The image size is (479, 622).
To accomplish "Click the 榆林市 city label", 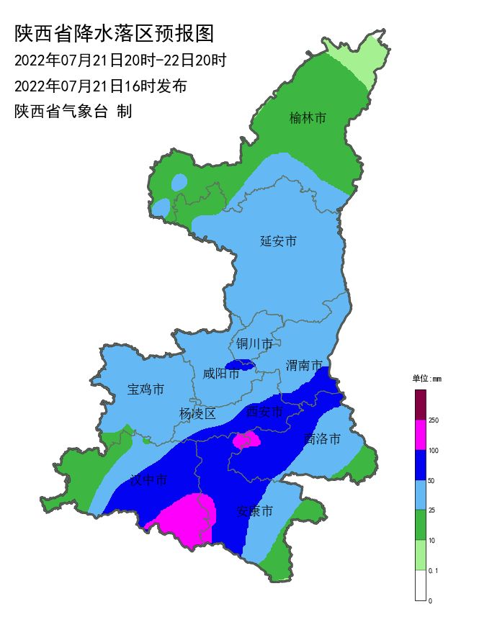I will [308, 117].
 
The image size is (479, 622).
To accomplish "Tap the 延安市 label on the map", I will [278, 241].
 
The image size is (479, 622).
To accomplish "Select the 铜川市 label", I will [254, 344].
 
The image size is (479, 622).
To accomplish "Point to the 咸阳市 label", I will [220, 374].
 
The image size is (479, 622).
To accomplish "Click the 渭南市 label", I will [303, 366].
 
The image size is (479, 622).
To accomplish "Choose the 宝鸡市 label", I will [146, 389].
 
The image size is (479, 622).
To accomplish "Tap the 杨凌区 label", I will [197, 413].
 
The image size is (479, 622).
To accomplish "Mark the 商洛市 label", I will [322, 438].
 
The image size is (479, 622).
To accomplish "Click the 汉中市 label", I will [148, 480].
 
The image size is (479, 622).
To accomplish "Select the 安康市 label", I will [255, 511].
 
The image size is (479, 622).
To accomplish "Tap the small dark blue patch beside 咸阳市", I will [240, 365].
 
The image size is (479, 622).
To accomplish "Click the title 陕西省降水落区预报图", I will [115, 33].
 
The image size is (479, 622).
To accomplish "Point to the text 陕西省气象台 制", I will [73, 112].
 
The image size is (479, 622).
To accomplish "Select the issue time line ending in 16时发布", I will [101, 86].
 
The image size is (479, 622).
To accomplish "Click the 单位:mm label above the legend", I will [426, 378].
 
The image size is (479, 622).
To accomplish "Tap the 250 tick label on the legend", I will [434, 420].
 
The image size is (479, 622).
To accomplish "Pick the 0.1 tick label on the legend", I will [433, 570].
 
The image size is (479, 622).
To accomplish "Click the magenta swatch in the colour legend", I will [420, 435].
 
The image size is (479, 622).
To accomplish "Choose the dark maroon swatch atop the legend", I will [420, 405].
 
